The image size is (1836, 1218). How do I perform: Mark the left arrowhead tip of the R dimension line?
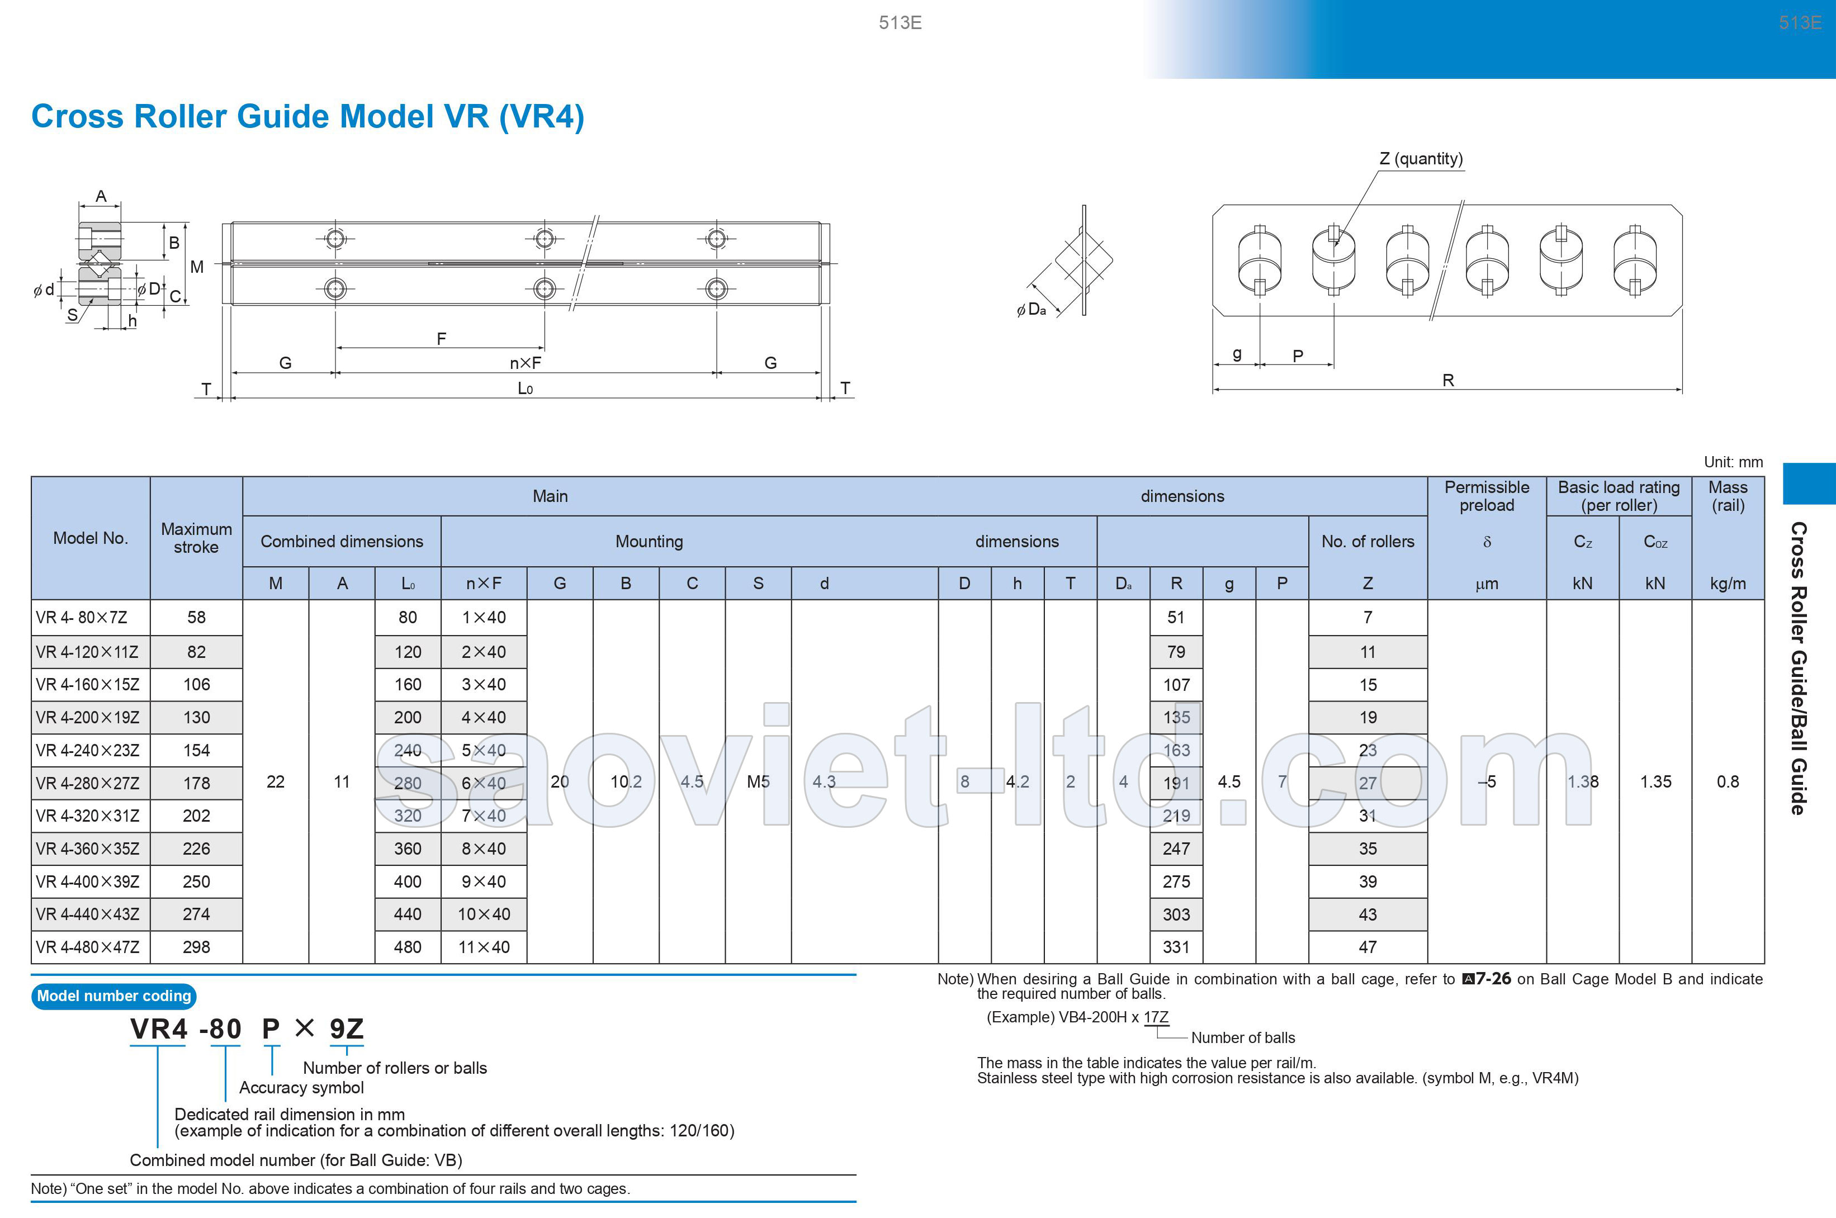point(1214,388)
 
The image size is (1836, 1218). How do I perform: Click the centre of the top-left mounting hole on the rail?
point(335,238)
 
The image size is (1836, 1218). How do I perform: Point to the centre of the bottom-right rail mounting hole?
point(716,290)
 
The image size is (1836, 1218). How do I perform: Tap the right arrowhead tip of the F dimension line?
point(544,347)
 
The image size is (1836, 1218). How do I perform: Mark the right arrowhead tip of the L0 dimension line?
point(821,398)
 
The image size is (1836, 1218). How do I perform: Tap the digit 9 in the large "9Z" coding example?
point(338,1029)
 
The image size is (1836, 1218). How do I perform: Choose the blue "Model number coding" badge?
point(113,996)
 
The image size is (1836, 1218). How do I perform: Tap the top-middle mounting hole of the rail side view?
point(545,238)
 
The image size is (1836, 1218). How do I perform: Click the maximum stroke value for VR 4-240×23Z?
point(197,750)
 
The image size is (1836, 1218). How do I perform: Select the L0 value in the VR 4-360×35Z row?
point(408,849)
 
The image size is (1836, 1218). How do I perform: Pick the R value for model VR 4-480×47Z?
point(1176,947)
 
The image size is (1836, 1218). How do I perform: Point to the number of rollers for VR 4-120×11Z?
point(1367,652)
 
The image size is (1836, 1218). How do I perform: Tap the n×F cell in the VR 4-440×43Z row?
point(484,914)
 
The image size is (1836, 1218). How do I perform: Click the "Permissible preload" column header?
point(1487,496)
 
